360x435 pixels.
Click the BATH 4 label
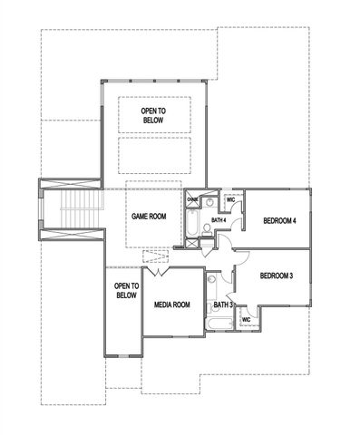(x=219, y=219)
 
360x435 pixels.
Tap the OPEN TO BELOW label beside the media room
(x=126, y=290)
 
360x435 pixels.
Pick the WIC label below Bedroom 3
(x=246, y=319)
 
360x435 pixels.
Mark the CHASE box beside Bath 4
(x=193, y=200)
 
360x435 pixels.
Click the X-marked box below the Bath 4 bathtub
(x=193, y=241)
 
